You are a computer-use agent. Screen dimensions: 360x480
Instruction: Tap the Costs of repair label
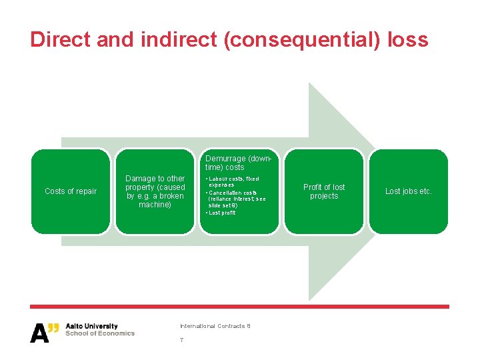coord(71,191)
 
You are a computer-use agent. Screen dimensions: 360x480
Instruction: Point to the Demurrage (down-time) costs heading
coord(239,163)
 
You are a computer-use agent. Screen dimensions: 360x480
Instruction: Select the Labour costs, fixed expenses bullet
coord(233,182)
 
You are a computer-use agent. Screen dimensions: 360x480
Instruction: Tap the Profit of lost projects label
coord(324,191)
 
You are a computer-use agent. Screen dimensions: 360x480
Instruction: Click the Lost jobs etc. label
coord(409,191)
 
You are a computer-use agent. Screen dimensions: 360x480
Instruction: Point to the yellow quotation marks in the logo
coord(54,327)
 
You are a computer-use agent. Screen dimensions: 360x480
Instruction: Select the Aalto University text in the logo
coord(91,326)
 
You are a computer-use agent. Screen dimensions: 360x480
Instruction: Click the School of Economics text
coord(100,333)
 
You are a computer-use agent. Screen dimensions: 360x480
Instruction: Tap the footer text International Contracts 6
coord(215,326)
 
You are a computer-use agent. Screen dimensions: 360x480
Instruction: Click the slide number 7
coord(181,340)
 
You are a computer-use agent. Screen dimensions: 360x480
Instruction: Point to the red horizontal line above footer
coord(240,307)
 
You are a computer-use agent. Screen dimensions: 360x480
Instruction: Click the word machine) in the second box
coord(155,205)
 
